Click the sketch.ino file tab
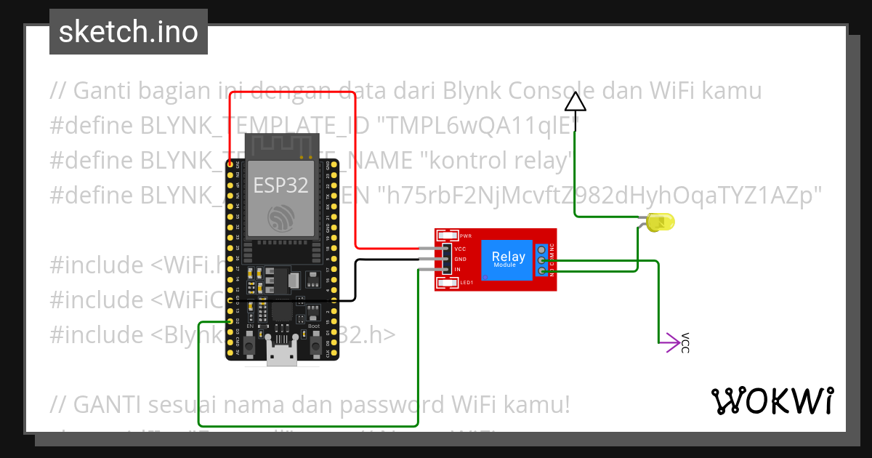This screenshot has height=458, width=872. coord(128,32)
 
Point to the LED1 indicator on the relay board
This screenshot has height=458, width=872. coord(448,282)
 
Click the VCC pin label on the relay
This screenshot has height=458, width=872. coord(460,249)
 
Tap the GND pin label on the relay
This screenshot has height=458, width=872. coord(460,259)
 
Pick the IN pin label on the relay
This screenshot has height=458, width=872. coord(458,270)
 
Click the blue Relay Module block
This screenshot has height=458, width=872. coord(508,259)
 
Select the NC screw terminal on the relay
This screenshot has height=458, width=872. coord(542,249)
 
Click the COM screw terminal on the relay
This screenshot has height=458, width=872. coord(542,260)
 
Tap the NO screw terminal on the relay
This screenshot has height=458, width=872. coord(542,271)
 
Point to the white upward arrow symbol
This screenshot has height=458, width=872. coord(576,102)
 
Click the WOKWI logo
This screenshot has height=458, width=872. coord(772,401)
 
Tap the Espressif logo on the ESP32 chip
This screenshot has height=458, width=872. coord(280,216)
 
